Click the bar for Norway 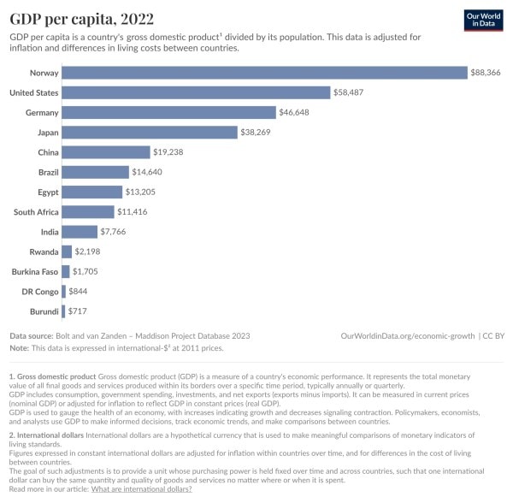tap(264, 73)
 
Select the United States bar tap(196, 92)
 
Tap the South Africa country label tap(35, 211)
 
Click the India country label tap(50, 232)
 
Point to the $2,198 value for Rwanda tap(88, 251)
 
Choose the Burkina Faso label tap(34, 271)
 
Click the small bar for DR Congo tap(63, 291)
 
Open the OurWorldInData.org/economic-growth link tap(407, 336)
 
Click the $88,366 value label tap(486, 73)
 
